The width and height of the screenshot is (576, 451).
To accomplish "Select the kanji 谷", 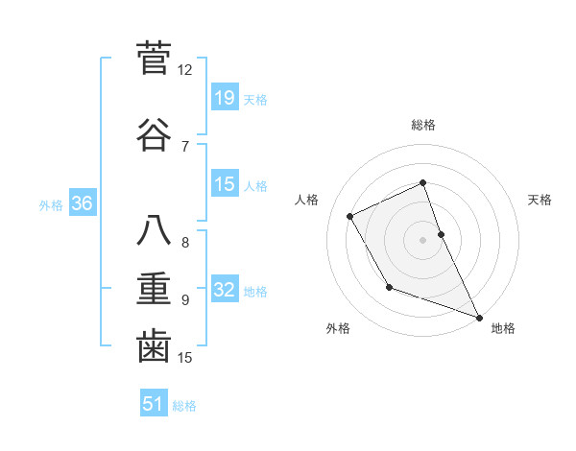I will pyautogui.click(x=154, y=135).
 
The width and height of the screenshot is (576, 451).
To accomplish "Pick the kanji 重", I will pyautogui.click(x=154, y=289).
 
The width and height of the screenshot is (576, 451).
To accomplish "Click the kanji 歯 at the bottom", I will pyautogui.click(x=154, y=346).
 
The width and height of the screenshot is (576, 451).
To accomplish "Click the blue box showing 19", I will pyautogui.click(x=225, y=98).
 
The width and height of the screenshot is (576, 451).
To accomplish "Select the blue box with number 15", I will pyautogui.click(x=225, y=184).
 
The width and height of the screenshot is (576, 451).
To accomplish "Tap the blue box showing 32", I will pyautogui.click(x=225, y=290).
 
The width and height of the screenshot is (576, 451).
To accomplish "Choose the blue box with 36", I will pyautogui.click(x=83, y=203).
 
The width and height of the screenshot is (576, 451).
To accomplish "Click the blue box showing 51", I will pyautogui.click(x=154, y=404).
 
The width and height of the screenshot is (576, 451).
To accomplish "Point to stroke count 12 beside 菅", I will pyautogui.click(x=185, y=70).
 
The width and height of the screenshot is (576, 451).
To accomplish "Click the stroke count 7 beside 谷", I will pyautogui.click(x=185, y=147).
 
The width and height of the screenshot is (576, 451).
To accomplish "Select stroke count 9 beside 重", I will pyautogui.click(x=185, y=300).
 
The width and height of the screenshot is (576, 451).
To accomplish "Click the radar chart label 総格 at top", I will pyautogui.click(x=423, y=125).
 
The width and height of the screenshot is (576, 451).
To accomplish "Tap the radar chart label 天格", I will pyautogui.click(x=540, y=200).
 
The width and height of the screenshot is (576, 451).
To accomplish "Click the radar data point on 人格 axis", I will pyautogui.click(x=350, y=216).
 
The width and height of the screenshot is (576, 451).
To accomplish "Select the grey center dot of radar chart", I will pyautogui.click(x=423, y=239).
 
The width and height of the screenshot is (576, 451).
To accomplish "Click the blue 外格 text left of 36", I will pyautogui.click(x=51, y=204).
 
